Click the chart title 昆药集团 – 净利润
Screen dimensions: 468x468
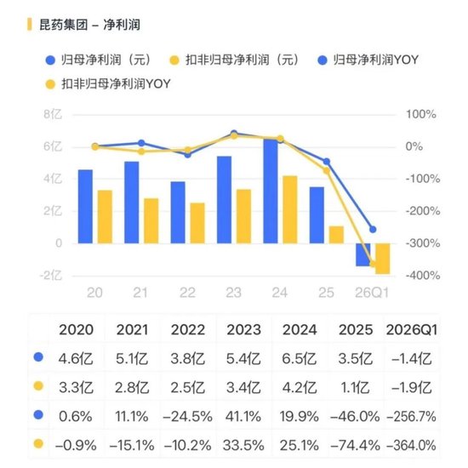point(89,25)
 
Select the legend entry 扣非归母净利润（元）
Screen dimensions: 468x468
point(234,60)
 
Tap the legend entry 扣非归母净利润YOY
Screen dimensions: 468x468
point(108,84)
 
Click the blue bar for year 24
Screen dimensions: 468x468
point(271,191)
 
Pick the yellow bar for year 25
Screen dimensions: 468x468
point(336,235)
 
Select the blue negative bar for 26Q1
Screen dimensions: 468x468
point(363,254)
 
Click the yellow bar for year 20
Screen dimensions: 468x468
point(105,217)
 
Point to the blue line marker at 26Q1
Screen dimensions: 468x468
point(373,230)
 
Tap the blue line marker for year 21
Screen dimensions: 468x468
point(141,143)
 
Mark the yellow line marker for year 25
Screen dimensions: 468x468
point(327,171)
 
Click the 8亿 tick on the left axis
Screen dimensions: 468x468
point(53,114)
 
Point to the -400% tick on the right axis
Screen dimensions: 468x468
point(423,275)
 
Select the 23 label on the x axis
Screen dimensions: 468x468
point(233,293)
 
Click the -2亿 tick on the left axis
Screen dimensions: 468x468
point(51,275)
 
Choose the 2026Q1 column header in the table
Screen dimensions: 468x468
point(412,330)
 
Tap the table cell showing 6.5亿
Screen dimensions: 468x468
point(300,358)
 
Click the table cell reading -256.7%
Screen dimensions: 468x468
point(412,416)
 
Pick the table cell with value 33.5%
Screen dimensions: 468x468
point(243,446)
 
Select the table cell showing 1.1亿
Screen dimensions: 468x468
point(355,388)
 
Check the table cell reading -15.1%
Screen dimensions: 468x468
point(132,446)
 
